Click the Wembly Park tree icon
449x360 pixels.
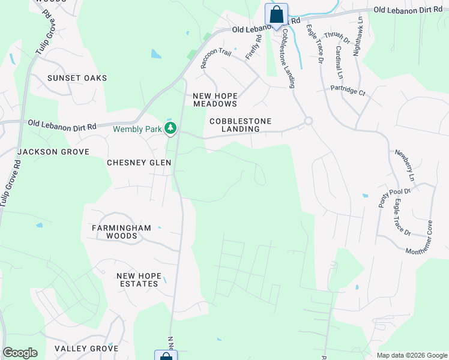pyautogui.click(x=171, y=128)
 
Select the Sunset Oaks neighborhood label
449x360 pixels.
pyautogui.click(x=77, y=78)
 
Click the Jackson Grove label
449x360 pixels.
pyautogui.click(x=53, y=152)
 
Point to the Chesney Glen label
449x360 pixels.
pyautogui.click(x=139, y=163)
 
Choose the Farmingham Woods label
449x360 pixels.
pyautogui.click(x=122, y=232)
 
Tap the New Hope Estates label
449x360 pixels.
pyautogui.click(x=139, y=280)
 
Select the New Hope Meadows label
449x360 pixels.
pyautogui.click(x=215, y=100)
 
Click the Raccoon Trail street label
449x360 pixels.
pyautogui.click(x=215, y=58)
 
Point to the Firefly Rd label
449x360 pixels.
pyautogui.click(x=254, y=47)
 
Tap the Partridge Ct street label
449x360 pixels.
pyautogui.click(x=348, y=92)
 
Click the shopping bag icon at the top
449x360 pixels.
pyautogui.click(x=276, y=14)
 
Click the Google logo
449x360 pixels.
pyautogui.click(x=20, y=353)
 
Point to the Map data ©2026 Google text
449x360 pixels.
pyautogui.click(x=411, y=355)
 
